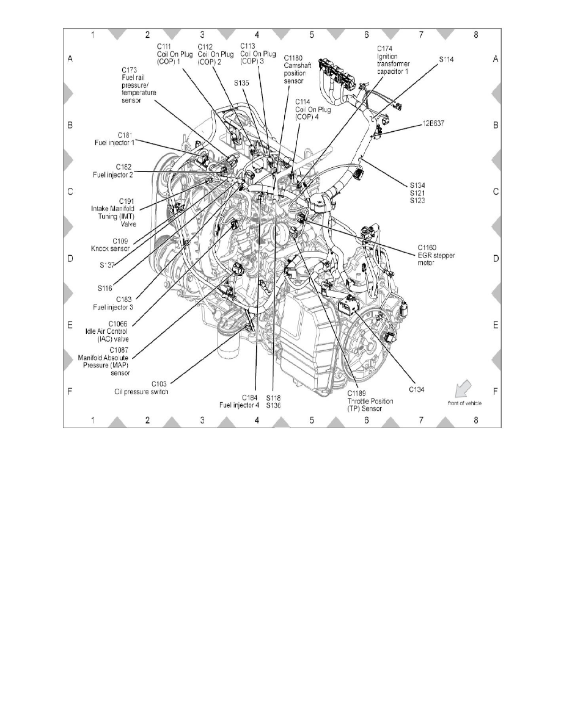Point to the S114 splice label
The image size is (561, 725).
[447, 60]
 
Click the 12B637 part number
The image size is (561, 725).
[433, 123]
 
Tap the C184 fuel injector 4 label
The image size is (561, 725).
[238, 400]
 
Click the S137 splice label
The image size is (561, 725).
[110, 264]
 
